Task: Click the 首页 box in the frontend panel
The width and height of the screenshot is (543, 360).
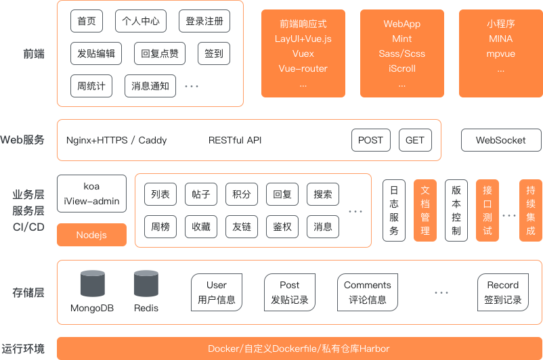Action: (86, 22)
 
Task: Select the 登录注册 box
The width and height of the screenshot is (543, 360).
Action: (204, 22)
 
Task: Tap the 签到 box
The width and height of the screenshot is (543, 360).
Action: (213, 53)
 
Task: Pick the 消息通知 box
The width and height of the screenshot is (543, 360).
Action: (150, 86)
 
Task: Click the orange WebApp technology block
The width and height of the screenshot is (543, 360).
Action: (402, 53)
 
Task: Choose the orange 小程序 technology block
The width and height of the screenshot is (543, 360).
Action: (500, 53)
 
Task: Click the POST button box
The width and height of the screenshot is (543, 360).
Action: (370, 140)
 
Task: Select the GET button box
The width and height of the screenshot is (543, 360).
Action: (415, 140)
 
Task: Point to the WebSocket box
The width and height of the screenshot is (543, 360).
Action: (500, 140)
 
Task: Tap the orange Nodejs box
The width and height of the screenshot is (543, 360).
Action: (91, 235)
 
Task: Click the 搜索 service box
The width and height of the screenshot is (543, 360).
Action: (323, 195)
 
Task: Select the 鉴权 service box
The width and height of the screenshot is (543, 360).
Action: (282, 227)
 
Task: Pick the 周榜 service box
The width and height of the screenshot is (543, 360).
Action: (160, 227)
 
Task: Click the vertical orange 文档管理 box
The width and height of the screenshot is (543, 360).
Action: (425, 210)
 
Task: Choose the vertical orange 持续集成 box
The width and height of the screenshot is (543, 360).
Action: (530, 210)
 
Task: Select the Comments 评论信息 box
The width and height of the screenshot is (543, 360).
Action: (368, 292)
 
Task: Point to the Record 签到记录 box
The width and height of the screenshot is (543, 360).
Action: (502, 292)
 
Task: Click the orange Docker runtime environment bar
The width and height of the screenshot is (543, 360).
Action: (299, 348)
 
